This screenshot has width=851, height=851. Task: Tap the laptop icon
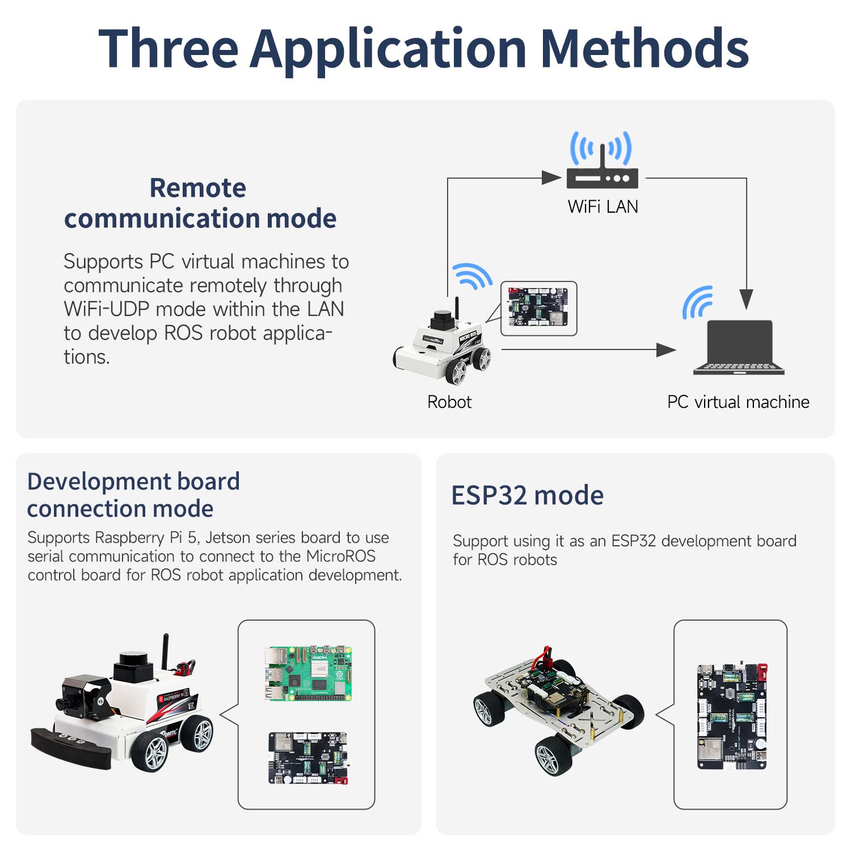[x=739, y=347]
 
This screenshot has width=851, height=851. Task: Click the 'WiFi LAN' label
[x=603, y=207]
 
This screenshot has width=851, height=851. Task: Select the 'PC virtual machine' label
[x=738, y=402]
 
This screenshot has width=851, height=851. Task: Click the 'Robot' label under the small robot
[x=449, y=402]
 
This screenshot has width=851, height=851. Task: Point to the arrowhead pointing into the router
[x=551, y=178]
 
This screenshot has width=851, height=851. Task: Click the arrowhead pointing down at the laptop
[x=747, y=299]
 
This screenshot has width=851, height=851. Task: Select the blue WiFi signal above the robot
[x=472, y=276]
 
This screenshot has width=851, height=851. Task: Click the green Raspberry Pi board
[x=308, y=673]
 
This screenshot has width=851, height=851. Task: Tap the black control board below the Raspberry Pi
[x=308, y=758]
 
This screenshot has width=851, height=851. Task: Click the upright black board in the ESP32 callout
[x=732, y=717]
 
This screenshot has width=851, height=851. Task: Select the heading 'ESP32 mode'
[x=527, y=495]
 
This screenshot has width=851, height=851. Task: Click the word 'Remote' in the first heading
[x=197, y=188]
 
